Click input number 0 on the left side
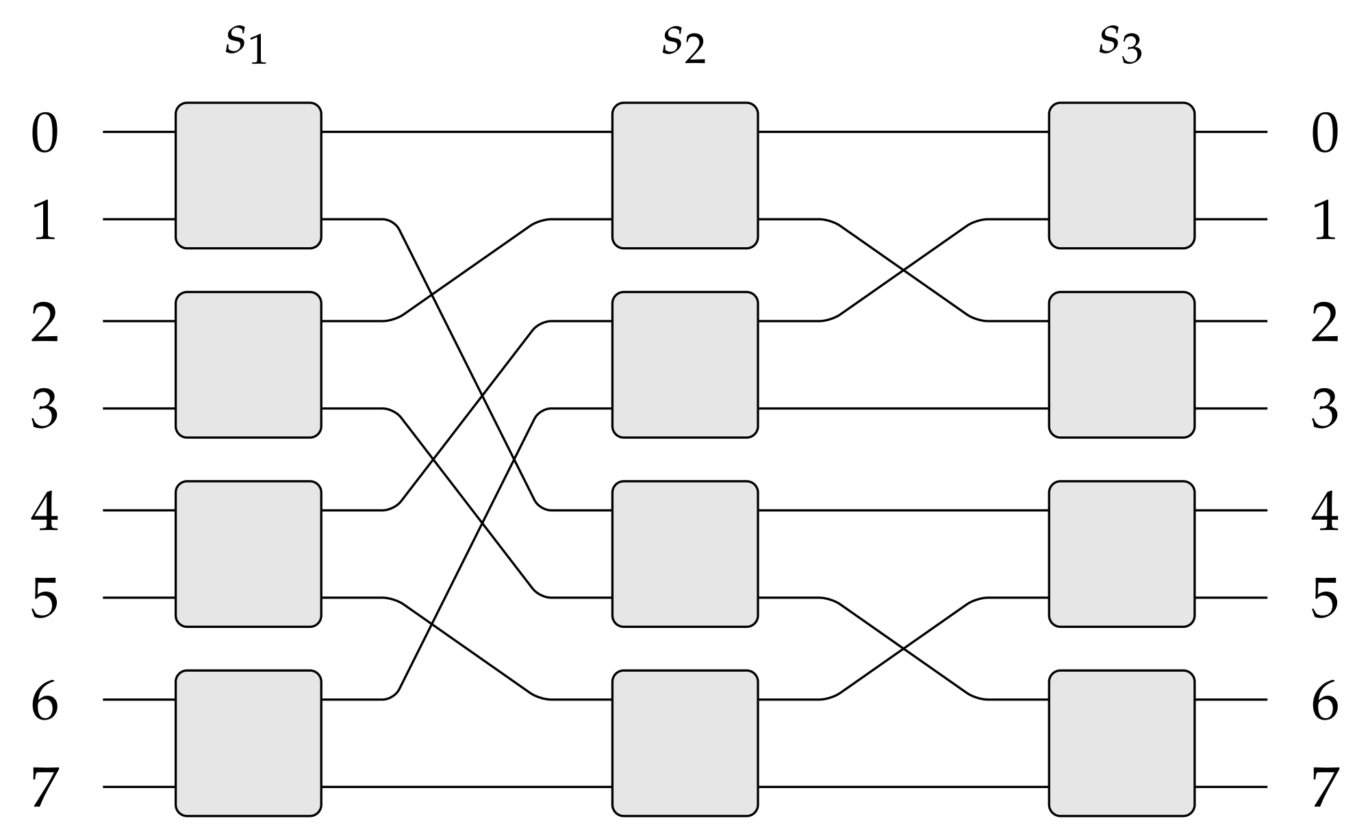tap(45, 134)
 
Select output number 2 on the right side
tap(1324, 322)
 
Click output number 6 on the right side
tap(1324, 702)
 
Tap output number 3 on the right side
tap(1324, 410)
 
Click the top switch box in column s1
tap(248, 175)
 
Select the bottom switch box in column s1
tap(248, 743)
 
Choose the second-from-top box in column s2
tap(685, 364)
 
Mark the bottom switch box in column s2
tap(685, 743)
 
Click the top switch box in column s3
tap(1122, 175)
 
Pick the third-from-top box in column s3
tap(1122, 554)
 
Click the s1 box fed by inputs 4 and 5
tap(248, 554)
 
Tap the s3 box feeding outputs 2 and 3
tap(1122, 364)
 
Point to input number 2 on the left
tap(45, 322)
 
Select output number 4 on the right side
tap(1324, 513)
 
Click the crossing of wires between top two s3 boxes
tap(904, 270)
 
